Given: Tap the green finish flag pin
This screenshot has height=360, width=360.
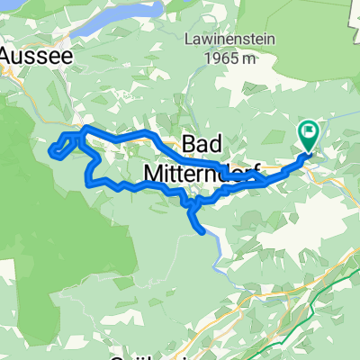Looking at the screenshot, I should (x=308, y=136).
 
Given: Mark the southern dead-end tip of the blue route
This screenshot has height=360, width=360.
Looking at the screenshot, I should (x=203, y=230).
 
